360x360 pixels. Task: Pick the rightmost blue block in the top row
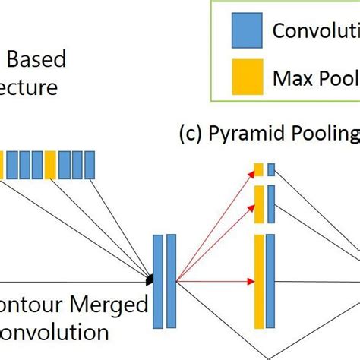[90, 165]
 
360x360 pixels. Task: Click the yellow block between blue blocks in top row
[50, 165]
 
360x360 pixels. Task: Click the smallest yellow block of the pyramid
[258, 169]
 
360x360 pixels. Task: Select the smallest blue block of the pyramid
[271, 169]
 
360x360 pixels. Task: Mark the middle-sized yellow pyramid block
[258, 204]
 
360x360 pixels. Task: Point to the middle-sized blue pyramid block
[271, 204]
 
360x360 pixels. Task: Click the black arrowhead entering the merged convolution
[150, 279]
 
